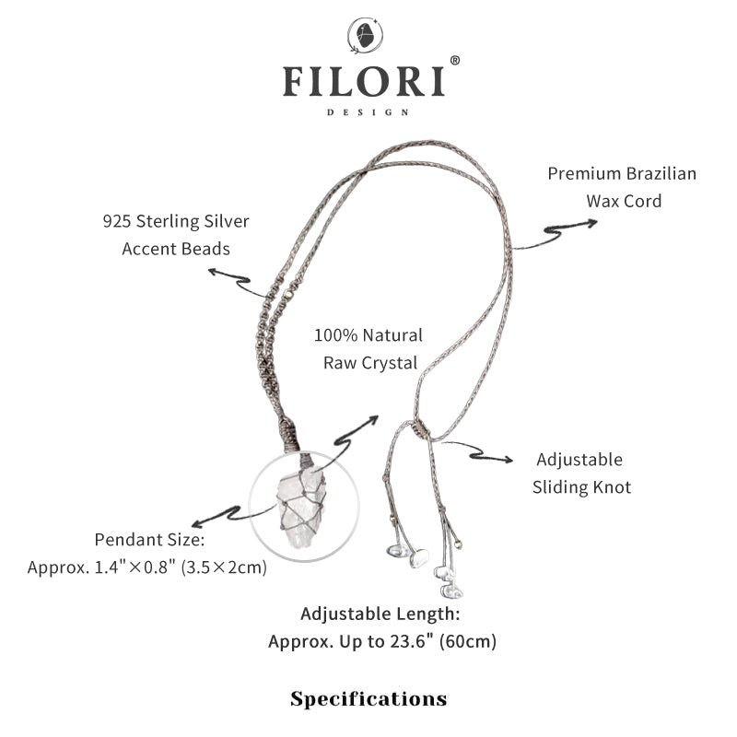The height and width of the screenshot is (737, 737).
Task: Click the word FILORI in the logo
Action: click(x=364, y=81)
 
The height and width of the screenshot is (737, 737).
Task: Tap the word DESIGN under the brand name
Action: click(x=368, y=112)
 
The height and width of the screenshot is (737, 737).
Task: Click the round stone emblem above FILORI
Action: click(x=365, y=37)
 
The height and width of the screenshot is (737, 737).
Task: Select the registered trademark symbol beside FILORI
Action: click(x=454, y=61)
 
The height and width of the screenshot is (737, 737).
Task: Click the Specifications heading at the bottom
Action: click(x=368, y=698)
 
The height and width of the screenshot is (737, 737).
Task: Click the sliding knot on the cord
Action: click(x=420, y=428)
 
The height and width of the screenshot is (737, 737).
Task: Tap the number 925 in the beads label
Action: click(x=117, y=222)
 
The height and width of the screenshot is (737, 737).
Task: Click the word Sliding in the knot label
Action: click(x=563, y=486)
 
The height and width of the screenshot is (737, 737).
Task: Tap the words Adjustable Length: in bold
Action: click(x=380, y=614)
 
